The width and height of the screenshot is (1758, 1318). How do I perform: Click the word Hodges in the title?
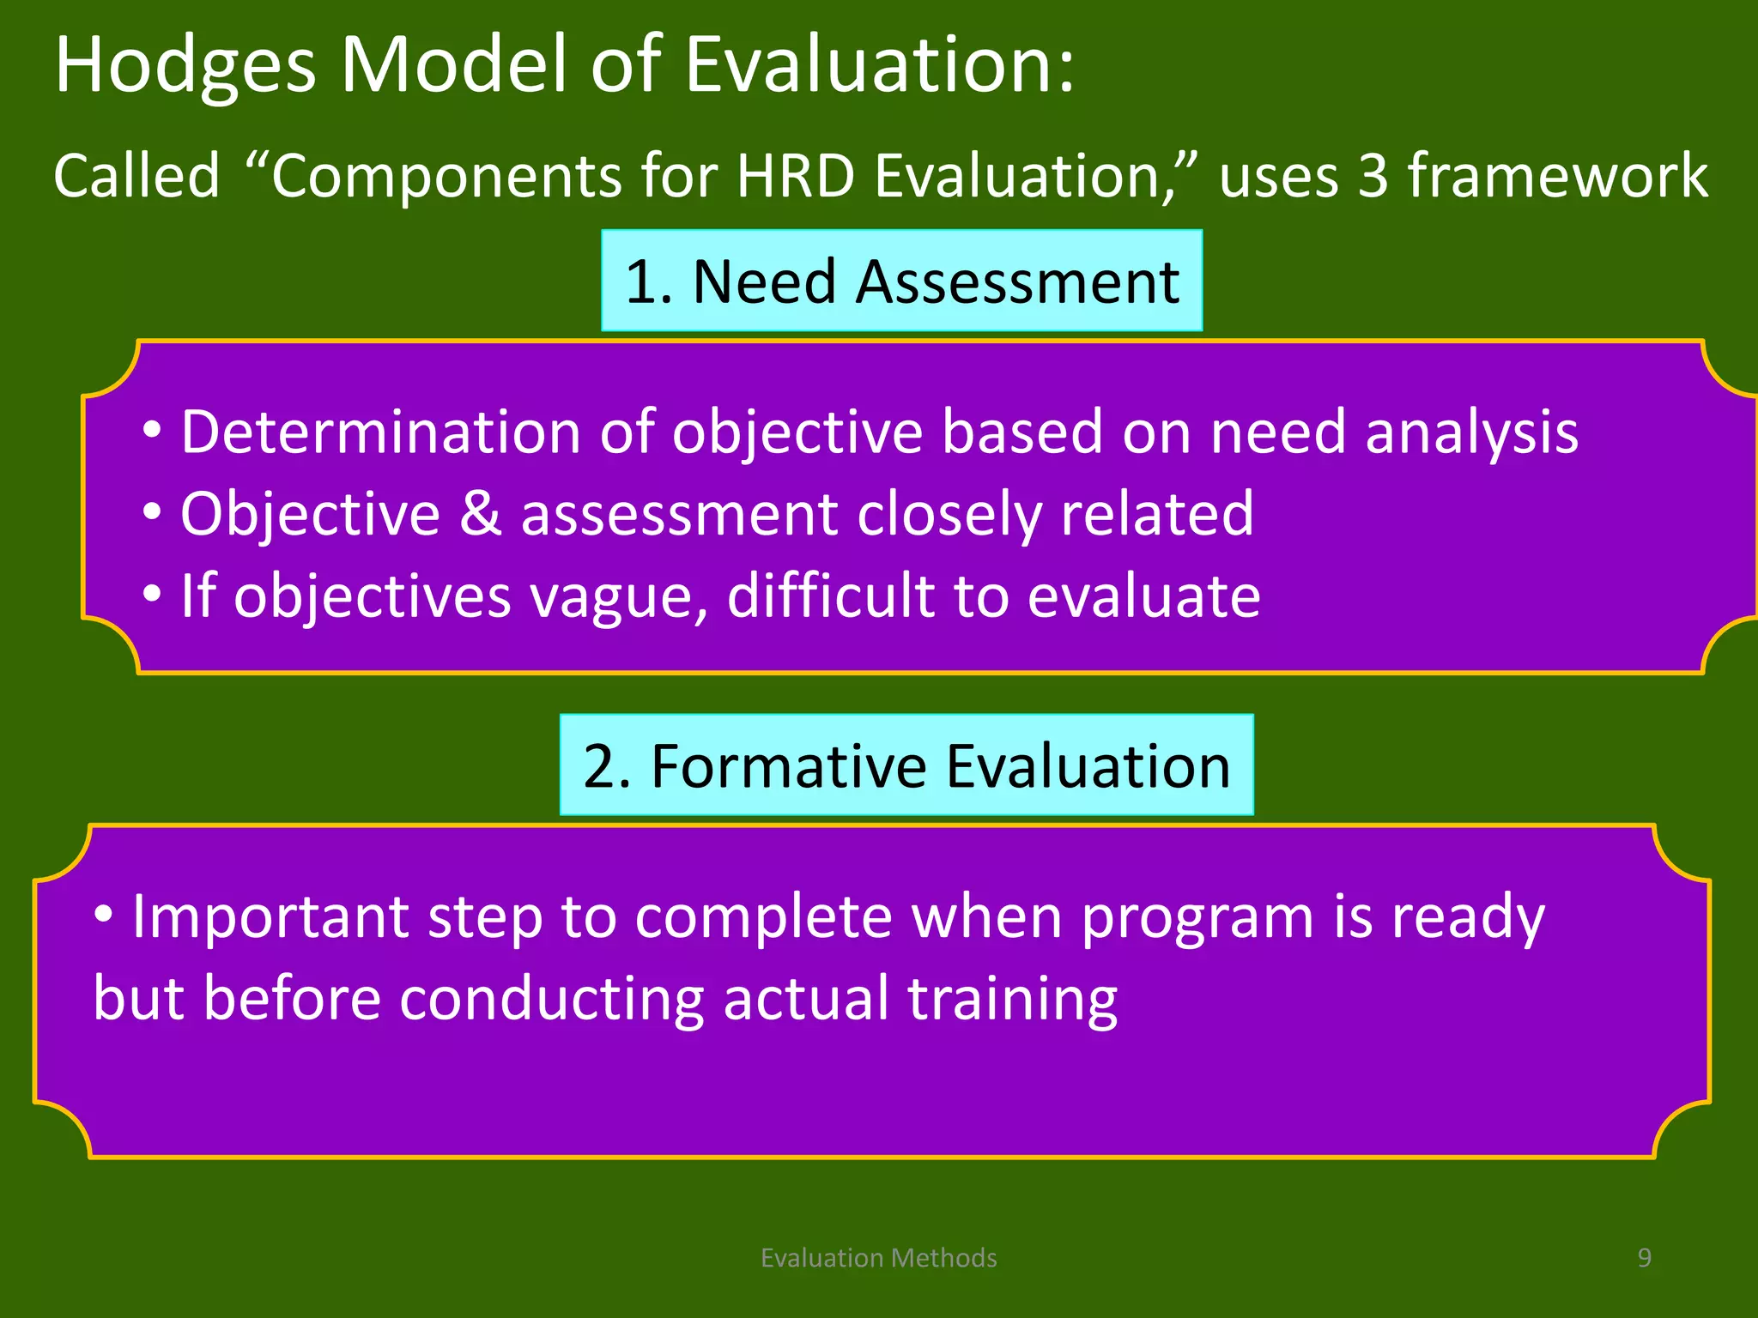point(185,67)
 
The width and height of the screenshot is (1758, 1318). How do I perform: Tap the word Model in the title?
point(455,65)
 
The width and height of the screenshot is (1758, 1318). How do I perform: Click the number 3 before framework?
point(1373,176)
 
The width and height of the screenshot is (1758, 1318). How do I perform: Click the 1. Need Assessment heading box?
point(901,281)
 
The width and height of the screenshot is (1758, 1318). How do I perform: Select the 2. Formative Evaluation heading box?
point(906,765)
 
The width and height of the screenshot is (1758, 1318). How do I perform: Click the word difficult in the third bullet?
point(830,595)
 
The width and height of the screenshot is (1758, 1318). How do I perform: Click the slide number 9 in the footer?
point(1644,1258)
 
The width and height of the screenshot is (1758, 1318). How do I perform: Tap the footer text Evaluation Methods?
point(878,1258)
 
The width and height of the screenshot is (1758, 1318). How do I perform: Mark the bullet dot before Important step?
point(103,915)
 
